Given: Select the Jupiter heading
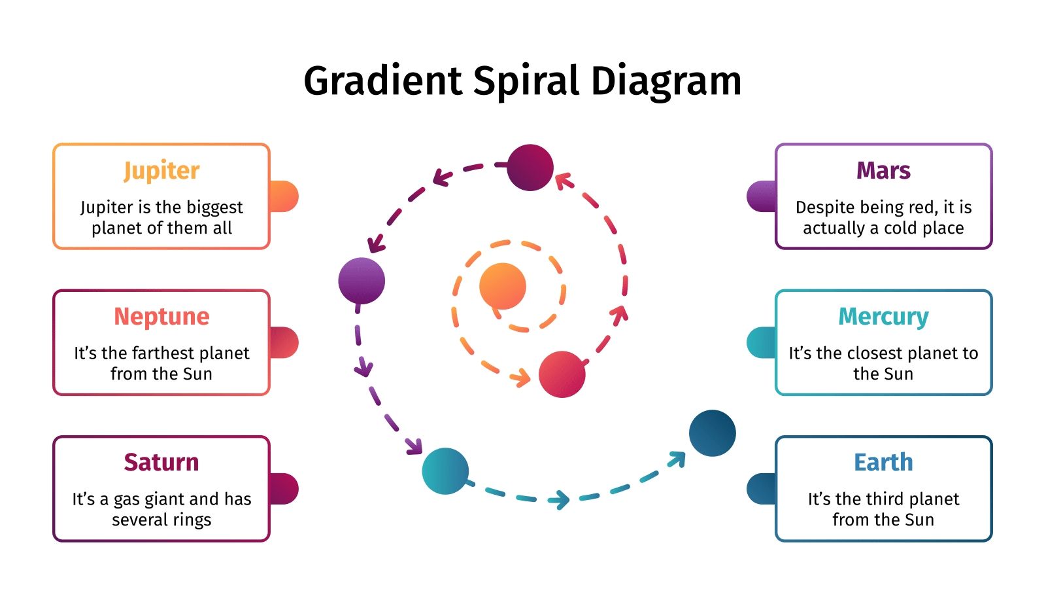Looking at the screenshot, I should point(161,171).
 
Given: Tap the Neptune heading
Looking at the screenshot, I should point(161,317).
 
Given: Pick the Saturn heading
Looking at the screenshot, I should point(161,463).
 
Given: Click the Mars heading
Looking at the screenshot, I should point(883,171).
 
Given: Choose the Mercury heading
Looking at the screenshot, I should point(883,317).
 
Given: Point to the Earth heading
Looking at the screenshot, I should point(883,463).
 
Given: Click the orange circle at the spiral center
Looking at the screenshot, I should point(502,286).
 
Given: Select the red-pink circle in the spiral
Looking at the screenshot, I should point(562,374).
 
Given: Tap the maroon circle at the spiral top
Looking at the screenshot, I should point(530,168).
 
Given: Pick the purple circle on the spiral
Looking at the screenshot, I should point(362,281).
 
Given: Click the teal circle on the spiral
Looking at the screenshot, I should point(445,471).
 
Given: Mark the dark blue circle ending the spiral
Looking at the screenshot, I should point(712,433).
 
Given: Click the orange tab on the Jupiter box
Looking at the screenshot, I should point(285,196).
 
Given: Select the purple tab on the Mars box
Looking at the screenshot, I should point(761,196).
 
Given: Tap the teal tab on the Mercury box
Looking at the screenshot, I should point(761,342).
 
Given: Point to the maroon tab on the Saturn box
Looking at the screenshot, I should point(285,489).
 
